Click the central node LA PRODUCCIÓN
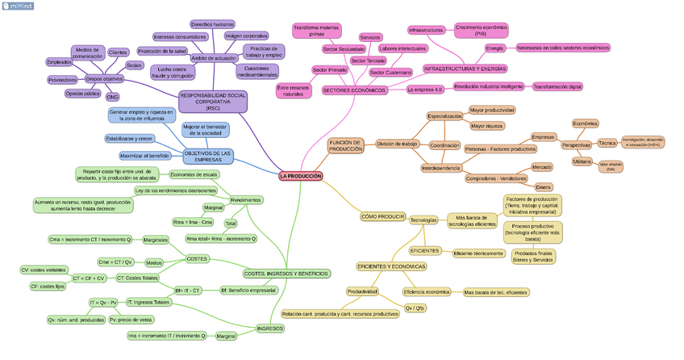tap(300, 176)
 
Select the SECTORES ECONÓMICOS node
tap(355, 90)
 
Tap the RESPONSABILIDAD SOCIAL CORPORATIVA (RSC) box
tap(213, 101)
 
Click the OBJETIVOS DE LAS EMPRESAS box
tap(207, 156)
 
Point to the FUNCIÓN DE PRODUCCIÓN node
tap(346, 145)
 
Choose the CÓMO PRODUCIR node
tap(382, 216)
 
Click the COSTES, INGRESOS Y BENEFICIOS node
tap(286, 274)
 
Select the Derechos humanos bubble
tap(212, 24)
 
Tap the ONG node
tap(112, 97)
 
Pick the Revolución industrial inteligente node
tap(489, 86)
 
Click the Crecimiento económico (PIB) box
tap(481, 31)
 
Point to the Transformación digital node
tap(557, 86)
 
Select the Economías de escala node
tap(194, 174)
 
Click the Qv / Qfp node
tap(415, 308)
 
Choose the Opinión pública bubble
tap(82, 94)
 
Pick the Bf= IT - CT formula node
tap(187, 290)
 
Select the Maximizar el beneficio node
tap(144, 155)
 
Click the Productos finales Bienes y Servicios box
tap(532, 257)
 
